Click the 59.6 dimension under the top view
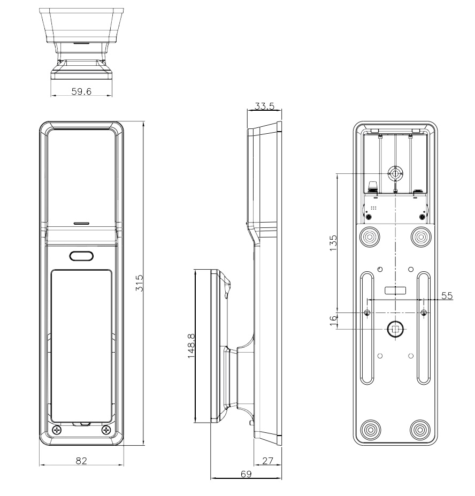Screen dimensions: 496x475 [81, 91]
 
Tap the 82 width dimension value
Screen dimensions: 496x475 [81, 460]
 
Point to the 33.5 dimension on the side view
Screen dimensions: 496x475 [264, 106]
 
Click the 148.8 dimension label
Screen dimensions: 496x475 [191, 347]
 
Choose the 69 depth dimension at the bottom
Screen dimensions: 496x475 [246, 474]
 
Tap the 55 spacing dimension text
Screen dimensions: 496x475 [446, 295]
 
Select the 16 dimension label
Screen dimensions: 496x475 [333, 321]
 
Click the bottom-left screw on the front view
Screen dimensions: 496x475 [58, 430]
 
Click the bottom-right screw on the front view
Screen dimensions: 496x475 [106, 430]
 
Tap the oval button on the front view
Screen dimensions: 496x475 [81, 256]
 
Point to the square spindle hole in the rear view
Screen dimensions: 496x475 [395, 330]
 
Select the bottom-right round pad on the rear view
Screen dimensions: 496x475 [420, 429]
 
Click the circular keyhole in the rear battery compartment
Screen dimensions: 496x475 [395, 173]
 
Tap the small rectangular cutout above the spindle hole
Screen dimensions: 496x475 [395, 290]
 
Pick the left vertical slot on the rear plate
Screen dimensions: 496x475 [367, 327]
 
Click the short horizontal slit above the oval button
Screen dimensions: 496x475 [81, 222]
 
